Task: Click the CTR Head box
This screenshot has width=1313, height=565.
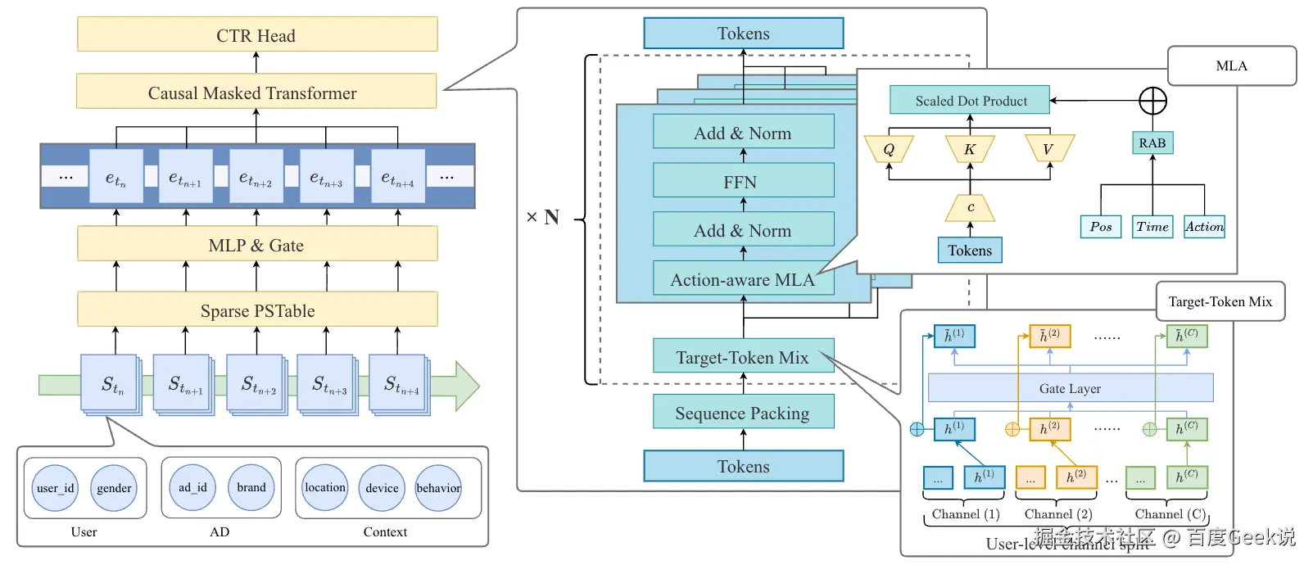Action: point(256,35)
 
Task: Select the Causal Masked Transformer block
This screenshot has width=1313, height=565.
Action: point(256,93)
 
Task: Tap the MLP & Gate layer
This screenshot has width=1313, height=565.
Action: point(256,245)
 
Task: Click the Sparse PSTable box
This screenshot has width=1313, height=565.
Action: point(256,310)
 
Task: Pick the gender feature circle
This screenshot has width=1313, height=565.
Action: point(114,488)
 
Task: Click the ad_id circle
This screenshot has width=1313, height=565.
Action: point(192,487)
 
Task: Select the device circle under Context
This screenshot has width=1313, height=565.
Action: point(382,488)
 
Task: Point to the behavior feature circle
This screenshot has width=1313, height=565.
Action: point(438,488)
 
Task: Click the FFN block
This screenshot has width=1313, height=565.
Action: point(743,181)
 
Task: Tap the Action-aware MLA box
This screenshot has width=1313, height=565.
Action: point(742,279)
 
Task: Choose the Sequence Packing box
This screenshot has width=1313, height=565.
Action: point(743,413)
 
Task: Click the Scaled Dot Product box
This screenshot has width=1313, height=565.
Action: point(970,101)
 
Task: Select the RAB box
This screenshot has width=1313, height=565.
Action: point(1152,142)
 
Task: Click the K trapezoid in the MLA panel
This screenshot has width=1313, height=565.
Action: point(970,149)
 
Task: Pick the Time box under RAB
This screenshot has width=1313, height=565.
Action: point(1152,227)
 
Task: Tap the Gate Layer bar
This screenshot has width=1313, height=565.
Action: point(1070,388)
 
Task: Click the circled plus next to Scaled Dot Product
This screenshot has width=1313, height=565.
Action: point(1152,101)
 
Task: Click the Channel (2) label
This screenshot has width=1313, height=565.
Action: point(1058,514)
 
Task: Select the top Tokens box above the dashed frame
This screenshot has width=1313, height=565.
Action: point(743,34)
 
